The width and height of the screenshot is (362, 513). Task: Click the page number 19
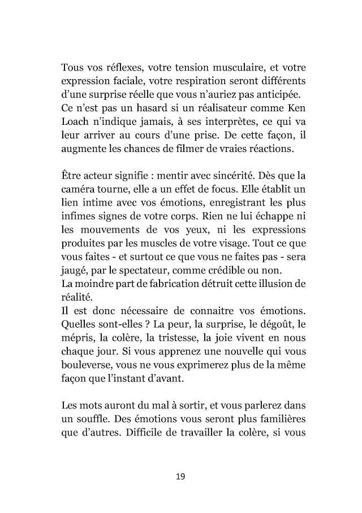[180, 477]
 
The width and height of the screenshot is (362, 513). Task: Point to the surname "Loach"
[75, 121]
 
